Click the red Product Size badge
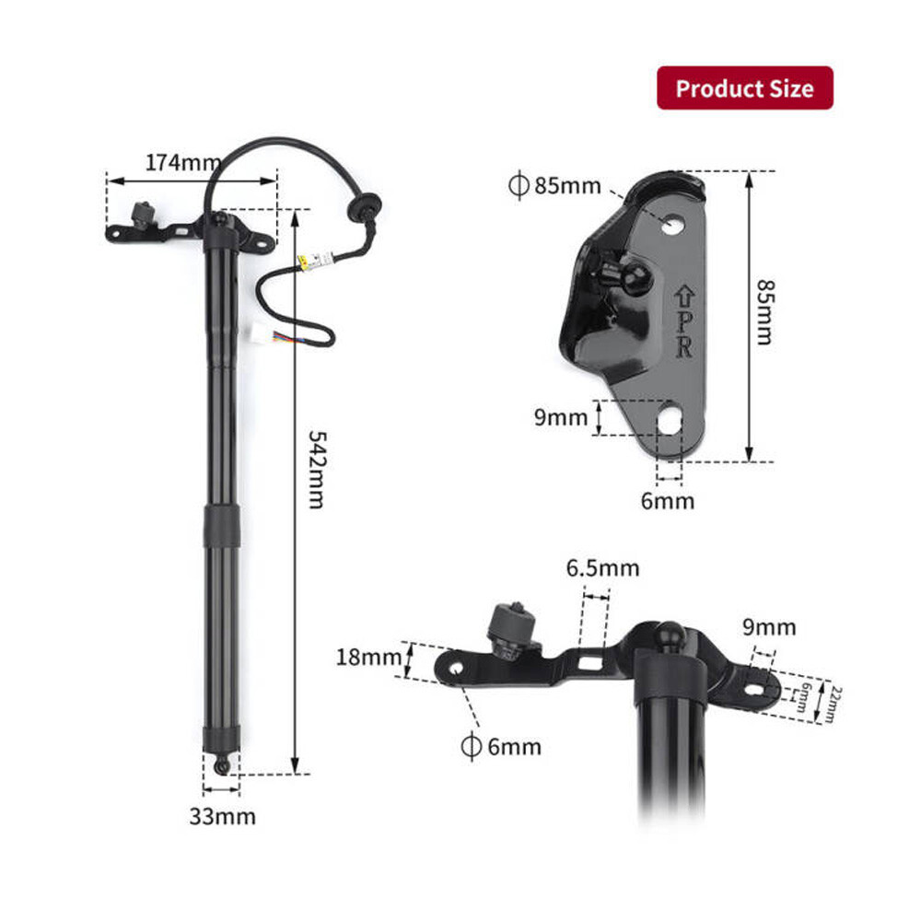pyautogui.click(x=744, y=88)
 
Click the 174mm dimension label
pyautogui.click(x=177, y=162)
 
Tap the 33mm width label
pyautogui.click(x=223, y=815)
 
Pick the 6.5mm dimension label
pyautogui.click(x=602, y=568)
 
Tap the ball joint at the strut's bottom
pyautogui.click(x=221, y=765)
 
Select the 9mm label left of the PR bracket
pyautogui.click(x=560, y=417)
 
